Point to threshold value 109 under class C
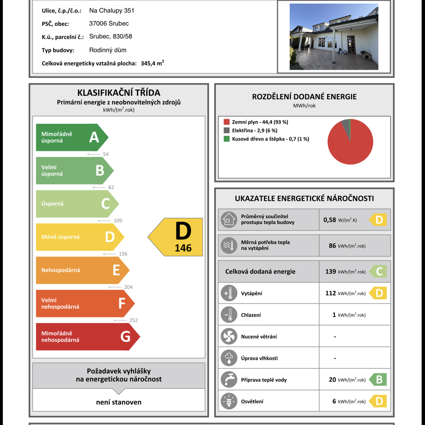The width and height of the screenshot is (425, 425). click(x=118, y=221)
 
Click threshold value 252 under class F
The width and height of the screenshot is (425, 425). click(x=133, y=320)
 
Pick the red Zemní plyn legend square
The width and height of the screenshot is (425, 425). click(x=226, y=122)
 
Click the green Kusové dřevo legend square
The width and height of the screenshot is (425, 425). click(x=226, y=139)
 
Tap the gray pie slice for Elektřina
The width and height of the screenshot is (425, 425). click(x=345, y=123)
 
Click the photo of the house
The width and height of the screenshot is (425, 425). click(x=334, y=37)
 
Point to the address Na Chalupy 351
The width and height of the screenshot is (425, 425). click(x=112, y=10)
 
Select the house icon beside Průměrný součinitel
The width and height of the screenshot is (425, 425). click(x=229, y=220)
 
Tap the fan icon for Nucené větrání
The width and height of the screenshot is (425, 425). click(x=229, y=337)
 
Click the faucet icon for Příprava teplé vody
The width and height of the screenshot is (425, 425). click(x=229, y=379)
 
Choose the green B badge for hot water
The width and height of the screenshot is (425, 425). click(x=379, y=379)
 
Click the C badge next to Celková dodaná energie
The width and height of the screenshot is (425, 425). click(x=379, y=271)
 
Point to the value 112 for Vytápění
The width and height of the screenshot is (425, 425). click(x=331, y=293)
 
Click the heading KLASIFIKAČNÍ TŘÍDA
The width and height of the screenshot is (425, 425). click(x=119, y=93)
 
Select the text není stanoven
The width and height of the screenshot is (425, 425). click(x=119, y=402)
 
